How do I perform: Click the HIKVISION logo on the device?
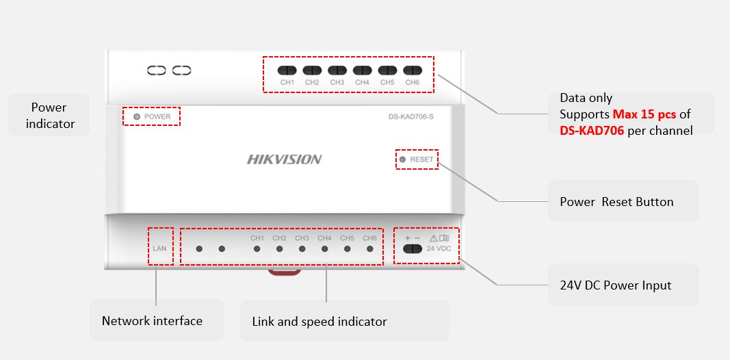pyautogui.click(x=284, y=159)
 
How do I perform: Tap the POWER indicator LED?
pyautogui.click(x=137, y=117)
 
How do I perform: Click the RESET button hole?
pyautogui.click(x=402, y=159)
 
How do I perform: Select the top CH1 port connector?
pyautogui.click(x=287, y=70)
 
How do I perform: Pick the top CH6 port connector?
pyautogui.click(x=412, y=70)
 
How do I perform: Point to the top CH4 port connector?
pyautogui.click(x=362, y=70)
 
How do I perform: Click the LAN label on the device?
pyautogui.click(x=159, y=248)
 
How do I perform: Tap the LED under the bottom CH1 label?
pyautogui.click(x=257, y=249)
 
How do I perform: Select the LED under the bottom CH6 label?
pyautogui.click(x=370, y=249)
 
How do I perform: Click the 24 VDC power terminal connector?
pyautogui.click(x=412, y=248)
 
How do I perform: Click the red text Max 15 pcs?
pyautogui.click(x=644, y=114)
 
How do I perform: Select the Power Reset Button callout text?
pyautogui.click(x=616, y=202)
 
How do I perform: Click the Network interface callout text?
pyautogui.click(x=152, y=321)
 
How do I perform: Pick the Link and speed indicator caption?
pyautogui.click(x=320, y=322)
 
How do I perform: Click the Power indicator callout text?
pyautogui.click(x=49, y=116)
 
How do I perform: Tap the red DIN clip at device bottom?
pyautogui.click(x=284, y=272)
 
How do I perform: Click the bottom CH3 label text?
pyautogui.click(x=302, y=238)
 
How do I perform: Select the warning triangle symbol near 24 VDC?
pyautogui.click(x=433, y=238)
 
